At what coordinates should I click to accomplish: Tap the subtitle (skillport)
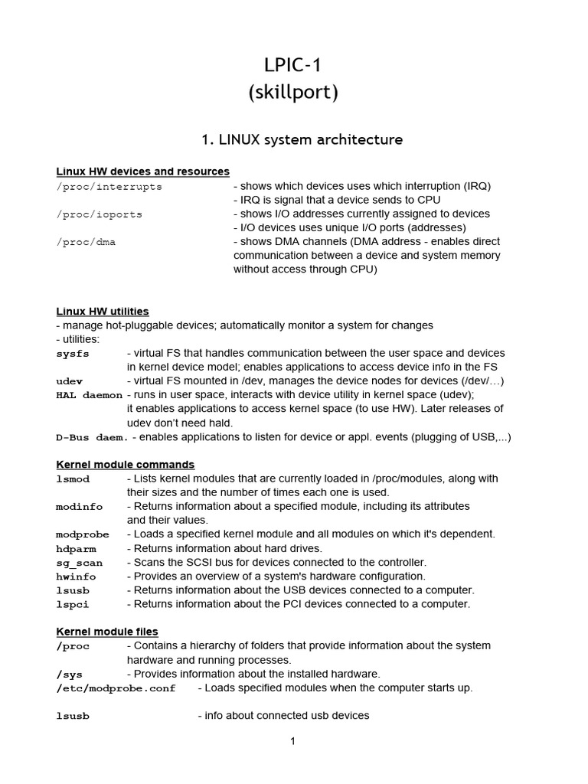tap(293, 93)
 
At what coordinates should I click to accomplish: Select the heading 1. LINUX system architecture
tap(302, 139)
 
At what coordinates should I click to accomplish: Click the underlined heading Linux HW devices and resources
tap(143, 171)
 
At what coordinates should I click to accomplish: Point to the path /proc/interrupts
tap(109, 186)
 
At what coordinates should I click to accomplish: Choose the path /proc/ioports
tap(100, 214)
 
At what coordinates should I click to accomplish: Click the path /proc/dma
tap(86, 241)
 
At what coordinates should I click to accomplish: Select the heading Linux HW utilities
tap(103, 312)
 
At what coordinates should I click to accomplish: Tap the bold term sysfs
tap(73, 353)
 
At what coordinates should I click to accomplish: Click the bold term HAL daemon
tap(89, 395)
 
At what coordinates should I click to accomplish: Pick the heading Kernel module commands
tap(126, 465)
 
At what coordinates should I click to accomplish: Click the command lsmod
tap(73, 479)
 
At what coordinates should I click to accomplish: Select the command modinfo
tap(79, 507)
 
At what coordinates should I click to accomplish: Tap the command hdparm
tap(76, 548)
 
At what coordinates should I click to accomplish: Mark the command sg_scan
tap(79, 563)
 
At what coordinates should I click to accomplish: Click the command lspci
tap(73, 604)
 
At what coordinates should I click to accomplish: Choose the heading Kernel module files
tap(107, 632)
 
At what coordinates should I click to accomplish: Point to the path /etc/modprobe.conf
tap(116, 688)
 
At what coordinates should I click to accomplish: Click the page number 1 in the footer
tap(292, 741)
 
